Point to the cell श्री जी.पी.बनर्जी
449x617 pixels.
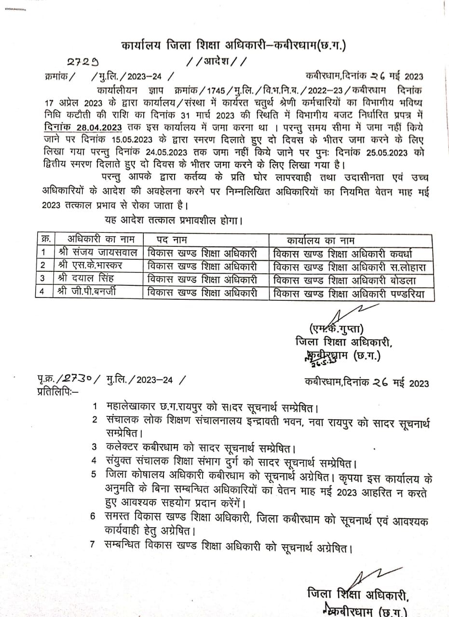tap(92, 291)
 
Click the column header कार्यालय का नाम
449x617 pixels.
tap(320, 240)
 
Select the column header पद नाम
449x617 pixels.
tap(172, 240)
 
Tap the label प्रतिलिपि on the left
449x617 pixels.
tap(54, 391)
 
